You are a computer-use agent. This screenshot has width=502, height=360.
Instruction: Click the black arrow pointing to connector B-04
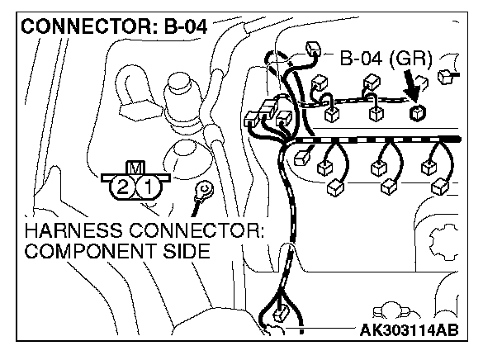[x=410, y=86]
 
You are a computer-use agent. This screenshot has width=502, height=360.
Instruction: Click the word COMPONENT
[x=89, y=250]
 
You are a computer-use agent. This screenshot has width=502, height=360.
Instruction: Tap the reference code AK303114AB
[x=409, y=332]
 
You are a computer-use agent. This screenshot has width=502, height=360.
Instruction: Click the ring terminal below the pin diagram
[x=201, y=192]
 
